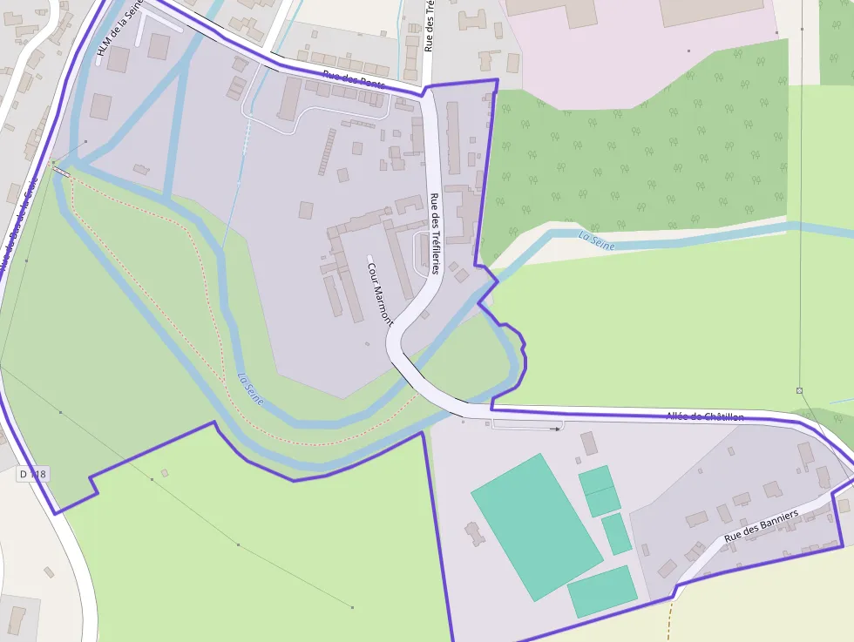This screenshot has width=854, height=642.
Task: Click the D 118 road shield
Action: pyautogui.click(x=32, y=475)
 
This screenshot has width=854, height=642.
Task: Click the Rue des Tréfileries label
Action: pyautogui.click(x=434, y=233)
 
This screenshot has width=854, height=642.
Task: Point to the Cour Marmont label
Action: pyautogui.click(x=380, y=293)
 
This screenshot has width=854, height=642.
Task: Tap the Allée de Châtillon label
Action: pyautogui.click(x=704, y=416)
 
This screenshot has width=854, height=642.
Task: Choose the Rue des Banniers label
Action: pyautogui.click(x=761, y=526)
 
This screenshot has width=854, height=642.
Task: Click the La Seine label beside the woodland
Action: pyautogui.click(x=596, y=241)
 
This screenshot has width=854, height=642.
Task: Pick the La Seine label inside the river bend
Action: pyautogui.click(x=250, y=389)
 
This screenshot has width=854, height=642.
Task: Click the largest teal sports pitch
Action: pyautogui.click(x=536, y=525)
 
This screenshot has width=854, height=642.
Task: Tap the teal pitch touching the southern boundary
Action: pyautogui.click(x=602, y=591)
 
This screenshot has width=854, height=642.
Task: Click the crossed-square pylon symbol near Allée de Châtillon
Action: pyautogui.click(x=799, y=390)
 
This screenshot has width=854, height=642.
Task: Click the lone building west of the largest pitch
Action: pyautogui.click(x=475, y=533)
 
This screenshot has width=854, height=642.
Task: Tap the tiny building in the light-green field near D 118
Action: pyautogui.click(x=164, y=473)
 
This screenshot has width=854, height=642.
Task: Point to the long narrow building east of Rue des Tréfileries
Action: pyautogui.click(x=452, y=138)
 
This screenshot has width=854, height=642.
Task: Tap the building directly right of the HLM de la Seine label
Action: pyautogui.click(x=158, y=46)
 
